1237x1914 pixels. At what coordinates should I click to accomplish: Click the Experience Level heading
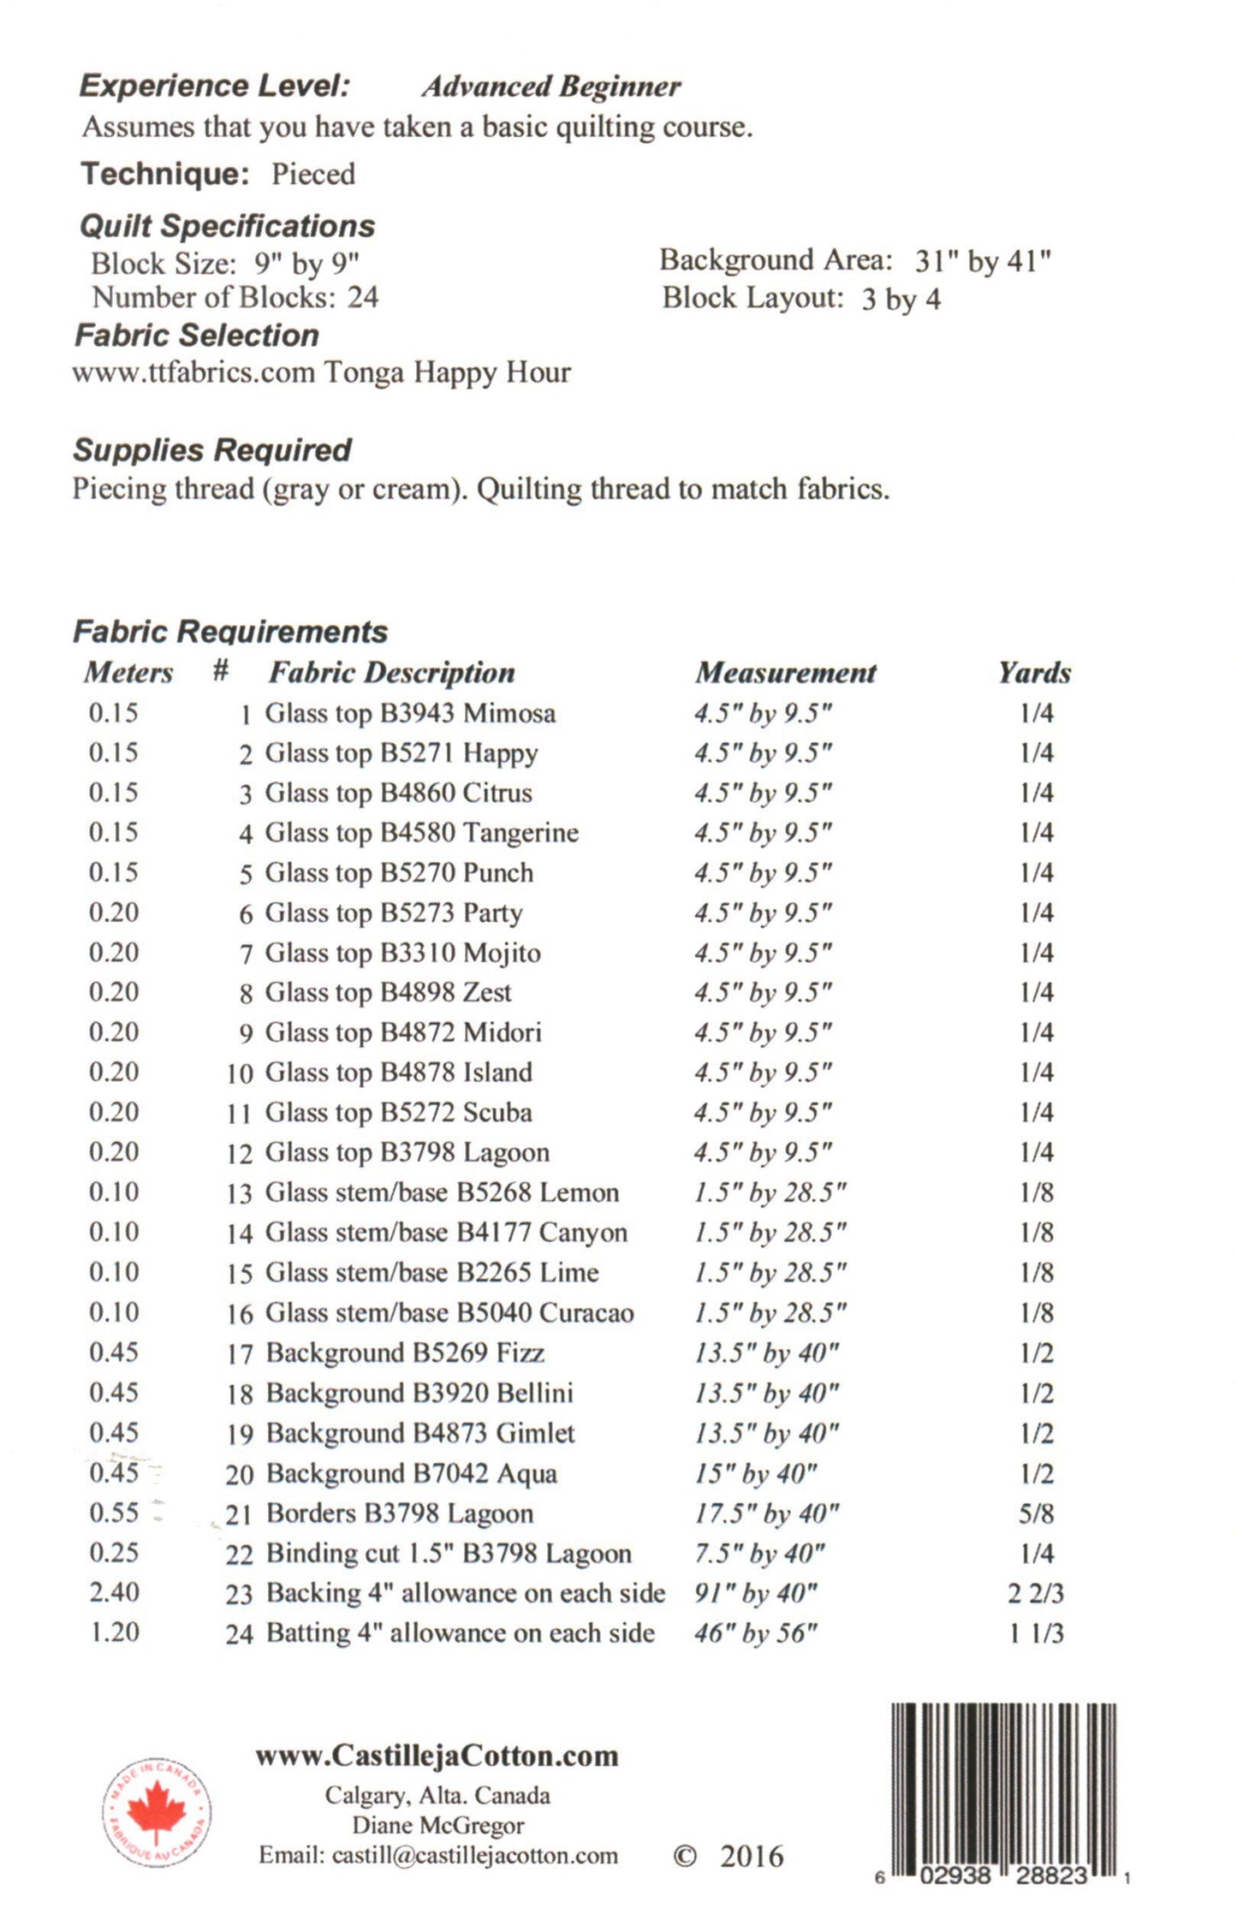(214, 86)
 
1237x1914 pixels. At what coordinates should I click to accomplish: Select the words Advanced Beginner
(550, 86)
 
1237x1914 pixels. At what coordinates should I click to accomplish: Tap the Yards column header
(1034, 673)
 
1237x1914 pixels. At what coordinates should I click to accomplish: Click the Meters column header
(128, 673)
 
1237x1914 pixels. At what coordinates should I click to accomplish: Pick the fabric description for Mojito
(402, 953)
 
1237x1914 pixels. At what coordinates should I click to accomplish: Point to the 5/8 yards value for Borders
(1036, 1513)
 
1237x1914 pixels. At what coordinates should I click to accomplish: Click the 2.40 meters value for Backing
(114, 1593)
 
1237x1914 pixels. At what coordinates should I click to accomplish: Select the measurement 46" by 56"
(755, 1633)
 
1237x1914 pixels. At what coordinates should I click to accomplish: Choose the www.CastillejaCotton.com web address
(437, 1756)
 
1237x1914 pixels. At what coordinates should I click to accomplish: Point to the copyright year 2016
(751, 1857)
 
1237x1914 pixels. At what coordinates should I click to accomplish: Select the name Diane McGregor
(437, 1825)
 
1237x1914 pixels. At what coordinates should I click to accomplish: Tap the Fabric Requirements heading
(230, 632)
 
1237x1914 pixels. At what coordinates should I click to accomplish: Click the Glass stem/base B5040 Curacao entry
(449, 1313)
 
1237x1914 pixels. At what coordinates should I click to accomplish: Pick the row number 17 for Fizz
(240, 1354)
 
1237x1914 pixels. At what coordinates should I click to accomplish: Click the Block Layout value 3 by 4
(901, 299)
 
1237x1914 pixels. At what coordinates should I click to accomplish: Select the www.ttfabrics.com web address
(193, 373)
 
